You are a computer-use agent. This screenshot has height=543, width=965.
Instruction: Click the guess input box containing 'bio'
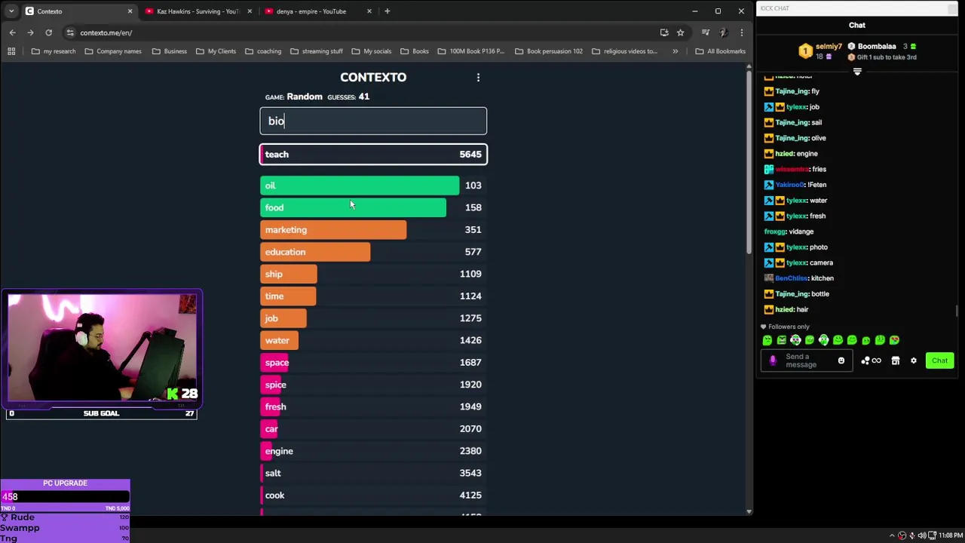click(x=373, y=121)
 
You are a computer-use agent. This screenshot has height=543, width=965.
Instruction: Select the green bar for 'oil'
click(x=359, y=186)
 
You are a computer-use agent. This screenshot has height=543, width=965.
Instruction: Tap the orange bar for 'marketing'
click(x=332, y=230)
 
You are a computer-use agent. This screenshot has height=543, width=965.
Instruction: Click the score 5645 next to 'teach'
click(x=470, y=155)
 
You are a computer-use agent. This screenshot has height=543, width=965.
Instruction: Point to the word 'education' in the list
click(x=285, y=252)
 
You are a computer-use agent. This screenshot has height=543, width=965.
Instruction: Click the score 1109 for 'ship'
click(x=470, y=274)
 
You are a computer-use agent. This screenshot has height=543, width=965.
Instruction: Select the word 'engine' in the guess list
click(x=279, y=451)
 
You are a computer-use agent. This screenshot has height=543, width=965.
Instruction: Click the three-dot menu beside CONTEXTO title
click(x=478, y=78)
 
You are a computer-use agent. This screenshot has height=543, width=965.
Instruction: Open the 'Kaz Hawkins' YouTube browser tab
click(x=198, y=11)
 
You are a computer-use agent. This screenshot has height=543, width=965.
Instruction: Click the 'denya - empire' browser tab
click(x=311, y=11)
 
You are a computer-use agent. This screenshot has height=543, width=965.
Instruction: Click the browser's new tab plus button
click(x=387, y=11)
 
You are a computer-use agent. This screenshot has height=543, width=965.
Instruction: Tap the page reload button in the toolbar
click(x=48, y=32)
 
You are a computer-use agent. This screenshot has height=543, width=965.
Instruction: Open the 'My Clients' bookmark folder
click(x=216, y=51)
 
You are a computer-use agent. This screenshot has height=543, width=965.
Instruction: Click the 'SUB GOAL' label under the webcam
click(x=101, y=413)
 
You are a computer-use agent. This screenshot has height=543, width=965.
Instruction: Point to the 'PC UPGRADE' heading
click(x=65, y=483)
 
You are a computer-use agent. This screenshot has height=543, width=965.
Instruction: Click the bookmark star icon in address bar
click(x=680, y=32)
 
